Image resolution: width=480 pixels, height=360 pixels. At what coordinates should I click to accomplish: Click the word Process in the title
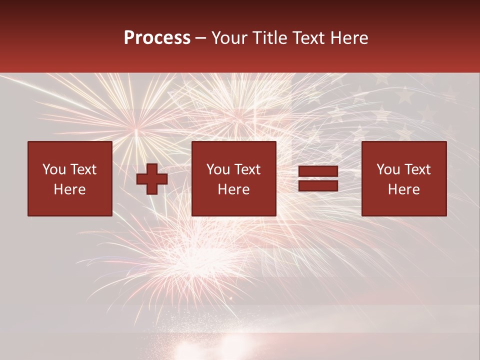click(157, 38)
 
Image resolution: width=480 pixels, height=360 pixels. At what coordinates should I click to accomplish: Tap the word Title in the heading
click(270, 38)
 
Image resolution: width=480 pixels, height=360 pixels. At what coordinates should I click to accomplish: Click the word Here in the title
click(349, 38)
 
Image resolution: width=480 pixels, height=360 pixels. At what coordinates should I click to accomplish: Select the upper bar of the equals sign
click(318, 171)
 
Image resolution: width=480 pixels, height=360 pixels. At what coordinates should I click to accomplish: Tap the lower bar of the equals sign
click(318, 185)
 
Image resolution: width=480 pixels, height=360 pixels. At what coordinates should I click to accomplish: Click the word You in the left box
click(54, 169)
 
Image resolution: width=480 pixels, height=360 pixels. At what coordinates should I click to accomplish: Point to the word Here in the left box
click(69, 189)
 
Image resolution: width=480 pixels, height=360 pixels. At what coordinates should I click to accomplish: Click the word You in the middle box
click(218, 169)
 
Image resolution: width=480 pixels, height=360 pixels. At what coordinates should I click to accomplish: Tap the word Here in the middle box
click(233, 189)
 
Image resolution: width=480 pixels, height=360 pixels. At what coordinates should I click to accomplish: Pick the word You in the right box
click(388, 169)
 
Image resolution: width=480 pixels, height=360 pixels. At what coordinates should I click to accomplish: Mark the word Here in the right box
click(403, 189)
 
